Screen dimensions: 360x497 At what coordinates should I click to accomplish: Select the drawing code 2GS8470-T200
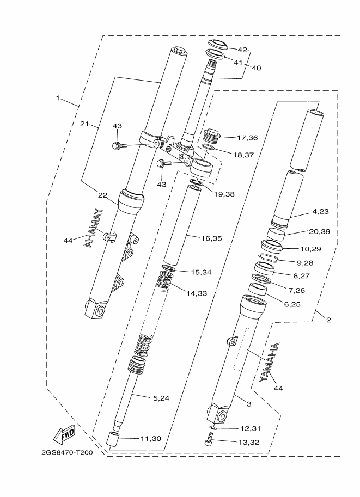point(67,452)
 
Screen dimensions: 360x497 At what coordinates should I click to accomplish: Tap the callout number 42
point(242,50)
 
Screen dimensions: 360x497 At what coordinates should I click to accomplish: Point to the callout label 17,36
point(247,138)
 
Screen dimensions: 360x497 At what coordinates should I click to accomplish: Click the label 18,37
point(243,155)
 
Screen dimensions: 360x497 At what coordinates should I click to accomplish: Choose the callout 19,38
point(224,194)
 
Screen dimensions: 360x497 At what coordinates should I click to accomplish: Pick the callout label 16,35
point(211,238)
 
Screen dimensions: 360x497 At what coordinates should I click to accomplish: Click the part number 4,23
point(321,211)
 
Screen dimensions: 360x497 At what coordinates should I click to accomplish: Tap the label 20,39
point(319,231)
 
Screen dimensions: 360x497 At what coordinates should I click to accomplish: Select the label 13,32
point(249,442)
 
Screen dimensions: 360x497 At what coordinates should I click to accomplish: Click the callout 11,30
point(151,438)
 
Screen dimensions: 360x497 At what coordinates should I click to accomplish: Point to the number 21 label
point(84,124)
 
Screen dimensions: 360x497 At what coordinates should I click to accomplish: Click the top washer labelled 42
point(218,45)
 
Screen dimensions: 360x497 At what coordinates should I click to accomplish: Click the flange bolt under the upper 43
point(120,145)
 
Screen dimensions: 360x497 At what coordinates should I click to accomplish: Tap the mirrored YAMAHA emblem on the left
point(93,228)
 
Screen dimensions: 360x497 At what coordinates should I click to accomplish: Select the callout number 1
point(58,99)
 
